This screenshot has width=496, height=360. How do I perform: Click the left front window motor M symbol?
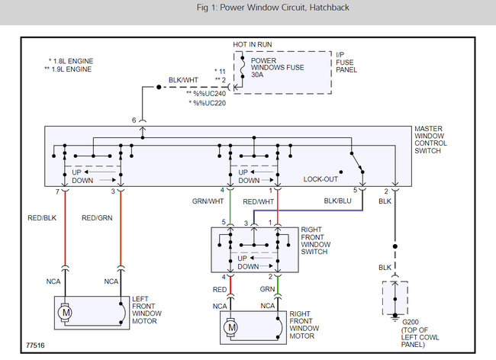coord(65,313)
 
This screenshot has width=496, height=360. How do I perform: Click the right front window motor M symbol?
coord(231,327)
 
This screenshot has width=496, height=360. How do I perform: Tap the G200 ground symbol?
coord(395,317)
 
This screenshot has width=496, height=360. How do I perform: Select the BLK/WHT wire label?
coord(183,80)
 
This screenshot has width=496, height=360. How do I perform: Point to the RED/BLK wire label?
coord(42,218)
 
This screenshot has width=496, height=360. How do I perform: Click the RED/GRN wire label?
coord(97,218)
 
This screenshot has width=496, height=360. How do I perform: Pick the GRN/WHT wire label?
coord(208,201)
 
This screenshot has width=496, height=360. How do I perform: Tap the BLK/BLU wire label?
coord(337,201)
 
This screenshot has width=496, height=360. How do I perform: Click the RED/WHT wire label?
coord(258,201)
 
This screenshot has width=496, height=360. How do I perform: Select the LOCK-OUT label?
coord(320,179)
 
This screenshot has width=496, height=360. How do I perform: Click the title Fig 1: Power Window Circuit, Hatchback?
coord(272,8)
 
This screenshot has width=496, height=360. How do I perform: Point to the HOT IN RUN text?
coord(253,44)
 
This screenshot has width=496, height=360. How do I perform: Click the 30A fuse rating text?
coord(257,75)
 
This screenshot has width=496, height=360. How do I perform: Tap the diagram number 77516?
coord(35,346)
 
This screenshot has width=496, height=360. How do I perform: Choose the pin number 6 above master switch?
coord(134,120)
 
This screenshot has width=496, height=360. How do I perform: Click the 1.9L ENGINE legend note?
coord(68,69)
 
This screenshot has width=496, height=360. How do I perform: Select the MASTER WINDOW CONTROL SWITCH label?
coord(430,140)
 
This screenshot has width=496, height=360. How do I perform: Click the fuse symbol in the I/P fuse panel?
coord(243,67)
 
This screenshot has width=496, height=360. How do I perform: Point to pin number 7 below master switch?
coord(57,192)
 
